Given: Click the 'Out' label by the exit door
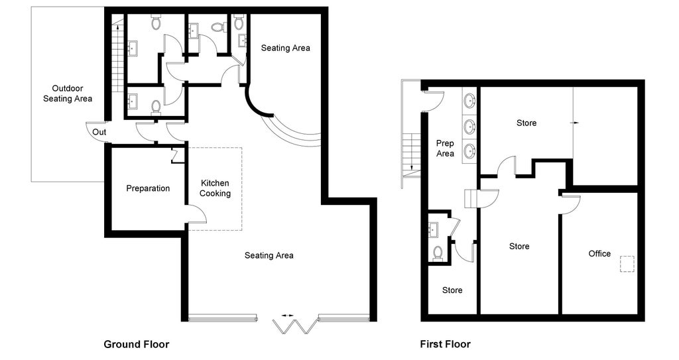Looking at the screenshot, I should click(x=99, y=132).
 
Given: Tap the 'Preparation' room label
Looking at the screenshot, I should click(x=148, y=188).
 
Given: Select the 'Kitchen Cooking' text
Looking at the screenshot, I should click(x=216, y=188).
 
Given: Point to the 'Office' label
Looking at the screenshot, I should click(x=599, y=254).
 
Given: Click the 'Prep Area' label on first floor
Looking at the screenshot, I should click(x=445, y=149).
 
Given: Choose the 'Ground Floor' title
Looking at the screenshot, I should click(x=136, y=344).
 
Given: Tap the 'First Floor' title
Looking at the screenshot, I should click(x=445, y=344).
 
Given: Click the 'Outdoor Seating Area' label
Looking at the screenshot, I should click(x=68, y=93).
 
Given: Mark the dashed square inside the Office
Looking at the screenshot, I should click(x=627, y=264).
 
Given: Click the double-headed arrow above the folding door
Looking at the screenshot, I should click(x=288, y=315).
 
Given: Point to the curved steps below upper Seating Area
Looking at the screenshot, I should click(x=292, y=133).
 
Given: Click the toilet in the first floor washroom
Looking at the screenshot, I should click(x=438, y=253).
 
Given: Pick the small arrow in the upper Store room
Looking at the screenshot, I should click(x=574, y=123).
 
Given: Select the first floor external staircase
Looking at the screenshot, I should click(x=412, y=152).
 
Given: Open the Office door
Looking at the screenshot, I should click(x=571, y=204).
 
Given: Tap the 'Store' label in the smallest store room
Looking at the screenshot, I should click(x=452, y=290).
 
